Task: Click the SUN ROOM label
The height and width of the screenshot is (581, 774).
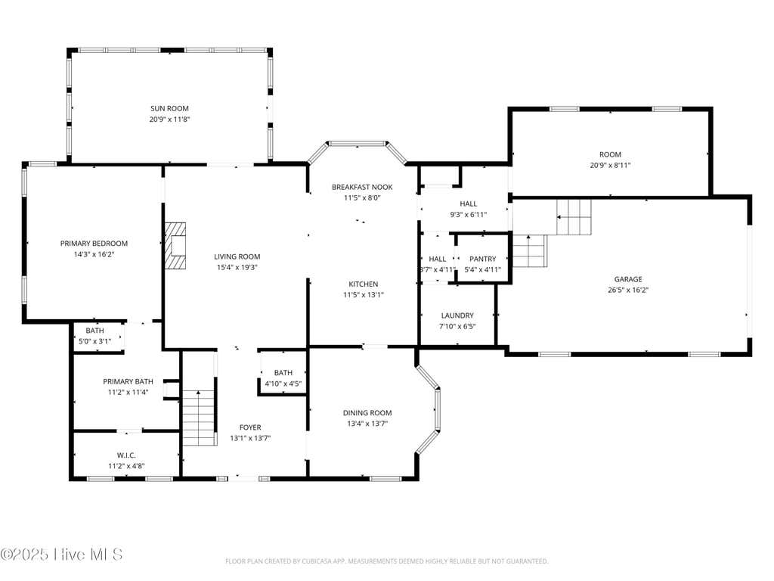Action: pyautogui.click(x=169, y=108)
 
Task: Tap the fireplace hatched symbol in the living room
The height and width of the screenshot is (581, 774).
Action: pyautogui.click(x=175, y=246)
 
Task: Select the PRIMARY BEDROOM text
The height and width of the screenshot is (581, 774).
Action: pyautogui.click(x=94, y=243)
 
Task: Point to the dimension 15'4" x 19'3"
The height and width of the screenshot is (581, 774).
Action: pyautogui.click(x=237, y=267)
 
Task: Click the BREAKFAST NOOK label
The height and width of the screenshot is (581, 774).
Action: pyautogui.click(x=362, y=187)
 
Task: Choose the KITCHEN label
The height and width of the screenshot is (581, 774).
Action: pyautogui.click(x=364, y=284)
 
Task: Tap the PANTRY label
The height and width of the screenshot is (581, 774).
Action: pyautogui.click(x=483, y=259)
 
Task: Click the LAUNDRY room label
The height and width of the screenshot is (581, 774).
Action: pyautogui.click(x=457, y=315)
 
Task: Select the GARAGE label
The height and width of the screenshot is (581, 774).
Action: pyautogui.click(x=628, y=279)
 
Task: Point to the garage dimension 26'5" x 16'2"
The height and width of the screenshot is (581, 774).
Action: pyautogui.click(x=628, y=290)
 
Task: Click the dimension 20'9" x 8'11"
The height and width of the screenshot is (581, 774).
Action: pyautogui.click(x=610, y=165)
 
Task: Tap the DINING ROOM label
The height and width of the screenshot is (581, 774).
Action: pyautogui.click(x=367, y=412)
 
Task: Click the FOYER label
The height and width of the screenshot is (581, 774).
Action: pyautogui.click(x=250, y=427)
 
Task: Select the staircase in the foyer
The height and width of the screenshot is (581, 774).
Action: pyautogui.click(x=200, y=418)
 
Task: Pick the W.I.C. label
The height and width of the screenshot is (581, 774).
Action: pyautogui.click(x=126, y=455)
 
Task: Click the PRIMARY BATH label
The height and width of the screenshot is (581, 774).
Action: pyautogui.click(x=128, y=381)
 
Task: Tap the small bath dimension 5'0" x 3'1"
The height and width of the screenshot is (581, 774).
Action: pyautogui.click(x=94, y=341)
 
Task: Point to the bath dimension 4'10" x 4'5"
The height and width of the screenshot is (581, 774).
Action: pyautogui.click(x=283, y=384)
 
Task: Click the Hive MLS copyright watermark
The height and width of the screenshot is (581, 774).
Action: pyautogui.click(x=62, y=554)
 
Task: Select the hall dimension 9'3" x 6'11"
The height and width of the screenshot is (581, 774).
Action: pyautogui.click(x=468, y=214)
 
